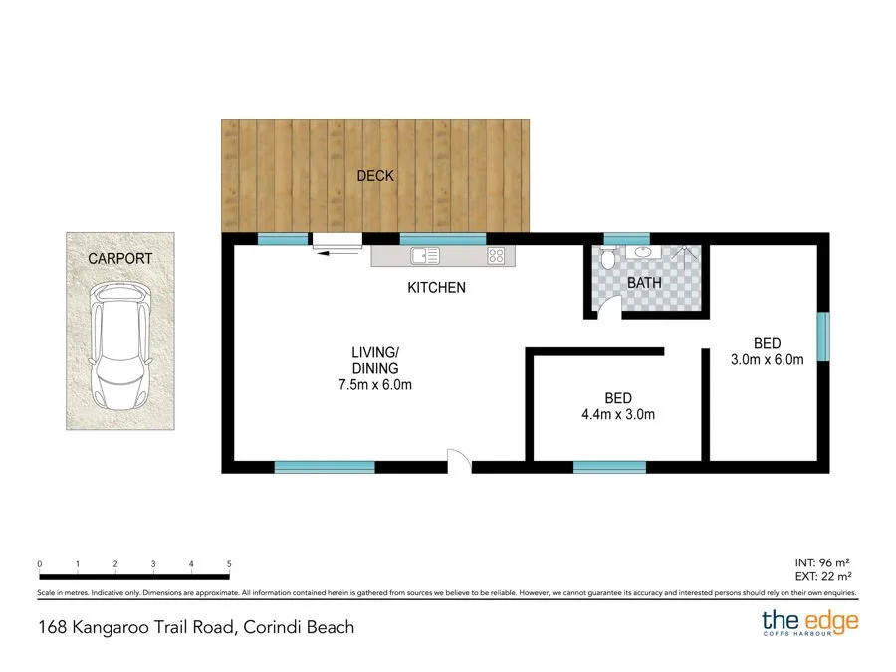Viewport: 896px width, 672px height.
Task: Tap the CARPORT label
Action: tap(119, 258)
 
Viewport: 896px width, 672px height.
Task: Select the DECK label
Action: tap(375, 176)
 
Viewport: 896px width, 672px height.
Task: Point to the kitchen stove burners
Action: tap(497, 256)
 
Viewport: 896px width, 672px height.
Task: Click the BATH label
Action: tap(644, 283)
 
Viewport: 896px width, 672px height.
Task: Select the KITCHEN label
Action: tap(436, 288)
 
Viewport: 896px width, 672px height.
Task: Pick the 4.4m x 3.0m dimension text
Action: tap(618, 415)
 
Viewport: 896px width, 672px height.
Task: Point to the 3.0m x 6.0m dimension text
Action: tap(767, 360)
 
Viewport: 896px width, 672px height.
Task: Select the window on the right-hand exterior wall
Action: tap(823, 337)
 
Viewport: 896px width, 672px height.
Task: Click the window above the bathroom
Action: tap(627, 238)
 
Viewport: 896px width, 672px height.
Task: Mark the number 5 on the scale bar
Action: tap(229, 564)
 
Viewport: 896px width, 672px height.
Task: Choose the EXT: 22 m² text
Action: tap(822, 576)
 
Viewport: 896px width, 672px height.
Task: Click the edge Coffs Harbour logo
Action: tap(809, 624)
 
